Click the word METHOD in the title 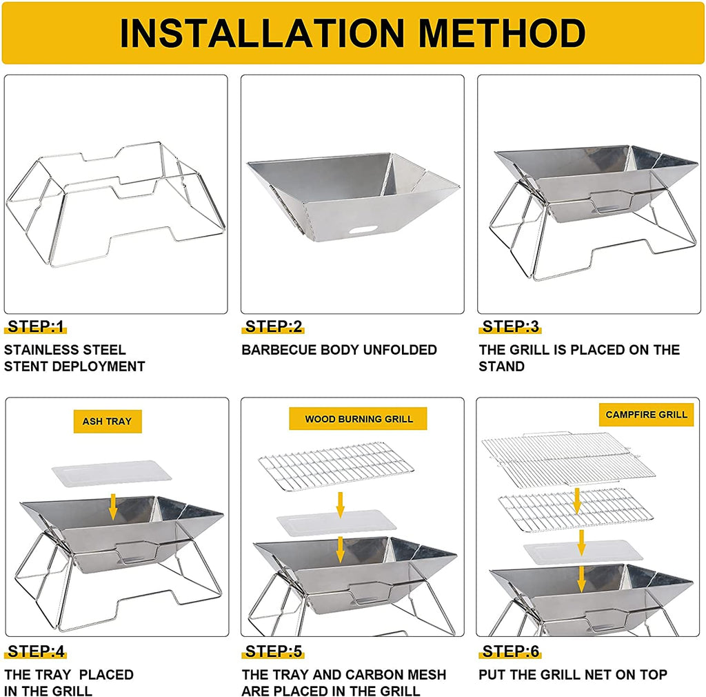tap(502, 33)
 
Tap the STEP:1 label tap(36, 326)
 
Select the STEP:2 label tap(273, 326)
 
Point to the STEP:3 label tap(511, 326)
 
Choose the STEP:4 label tap(36, 651)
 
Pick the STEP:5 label tap(273, 651)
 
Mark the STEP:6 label tap(511, 651)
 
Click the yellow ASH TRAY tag tap(108, 421)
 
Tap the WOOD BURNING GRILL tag tap(359, 419)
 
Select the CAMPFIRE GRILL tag tap(647, 415)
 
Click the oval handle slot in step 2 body tap(365, 230)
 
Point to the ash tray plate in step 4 tap(112, 473)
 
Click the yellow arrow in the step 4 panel tap(113, 507)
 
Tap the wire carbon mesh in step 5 tap(336, 466)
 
